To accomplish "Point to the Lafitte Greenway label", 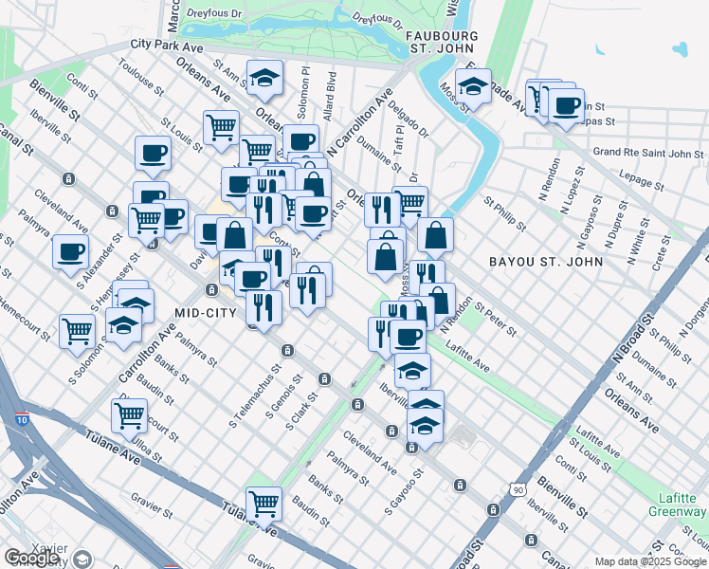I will click(677, 505).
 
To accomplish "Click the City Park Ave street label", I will click(168, 45).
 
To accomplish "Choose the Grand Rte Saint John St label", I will click(647, 152).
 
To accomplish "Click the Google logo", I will click(32, 558).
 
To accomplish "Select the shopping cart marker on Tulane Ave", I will click(263, 503).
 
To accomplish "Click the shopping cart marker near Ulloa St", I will click(129, 413).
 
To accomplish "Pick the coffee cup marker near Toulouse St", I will click(152, 153).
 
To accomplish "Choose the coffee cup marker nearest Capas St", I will click(567, 105).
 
